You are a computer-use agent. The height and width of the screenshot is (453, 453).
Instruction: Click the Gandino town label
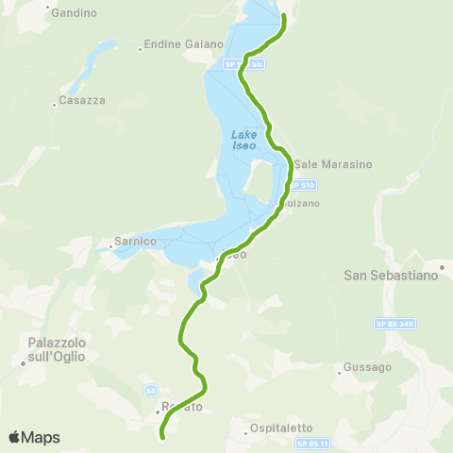(75, 13)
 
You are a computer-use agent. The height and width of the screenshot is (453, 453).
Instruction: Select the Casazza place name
(82, 100)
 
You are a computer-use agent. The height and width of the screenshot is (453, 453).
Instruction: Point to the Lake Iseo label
(245, 139)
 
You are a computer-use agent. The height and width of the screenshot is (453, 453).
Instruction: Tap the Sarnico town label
(134, 242)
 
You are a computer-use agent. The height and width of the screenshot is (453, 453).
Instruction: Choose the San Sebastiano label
(390, 276)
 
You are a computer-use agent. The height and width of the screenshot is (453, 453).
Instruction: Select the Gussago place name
(361, 366)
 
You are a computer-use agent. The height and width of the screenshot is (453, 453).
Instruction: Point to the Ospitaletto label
(282, 428)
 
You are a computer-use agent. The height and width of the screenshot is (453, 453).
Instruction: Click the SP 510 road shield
(303, 185)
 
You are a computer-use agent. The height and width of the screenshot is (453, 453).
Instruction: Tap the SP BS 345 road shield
(395, 324)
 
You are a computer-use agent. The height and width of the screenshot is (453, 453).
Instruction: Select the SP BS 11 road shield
(313, 444)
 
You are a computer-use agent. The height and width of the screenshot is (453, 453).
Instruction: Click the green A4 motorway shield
(150, 389)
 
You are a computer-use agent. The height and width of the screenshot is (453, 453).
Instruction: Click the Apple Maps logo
(34, 438)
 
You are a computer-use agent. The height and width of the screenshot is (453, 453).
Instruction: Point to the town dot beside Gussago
(339, 373)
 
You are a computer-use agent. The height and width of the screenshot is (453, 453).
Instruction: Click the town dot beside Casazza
(55, 106)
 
